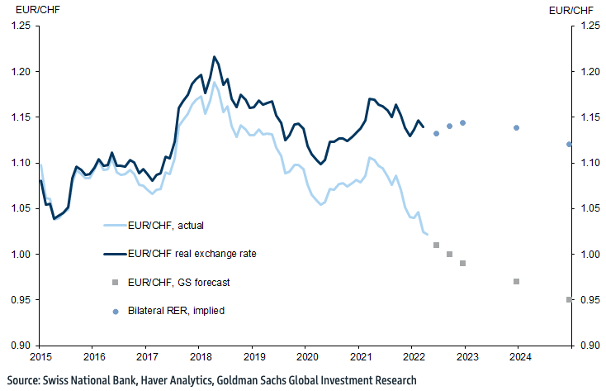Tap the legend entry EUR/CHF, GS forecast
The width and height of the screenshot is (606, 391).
178,282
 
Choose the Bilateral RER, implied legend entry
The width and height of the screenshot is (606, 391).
176,311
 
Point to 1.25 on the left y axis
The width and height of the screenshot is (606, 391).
19,26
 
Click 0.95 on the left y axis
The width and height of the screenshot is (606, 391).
19,299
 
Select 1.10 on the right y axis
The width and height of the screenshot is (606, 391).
591,163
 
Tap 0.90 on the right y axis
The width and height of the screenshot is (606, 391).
591,345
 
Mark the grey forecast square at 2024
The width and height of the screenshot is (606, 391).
516,281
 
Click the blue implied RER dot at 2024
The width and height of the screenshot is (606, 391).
516,127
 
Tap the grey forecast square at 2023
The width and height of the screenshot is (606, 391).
463,263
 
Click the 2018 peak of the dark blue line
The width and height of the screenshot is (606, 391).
215,57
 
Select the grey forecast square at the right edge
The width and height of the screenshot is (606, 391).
569,299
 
